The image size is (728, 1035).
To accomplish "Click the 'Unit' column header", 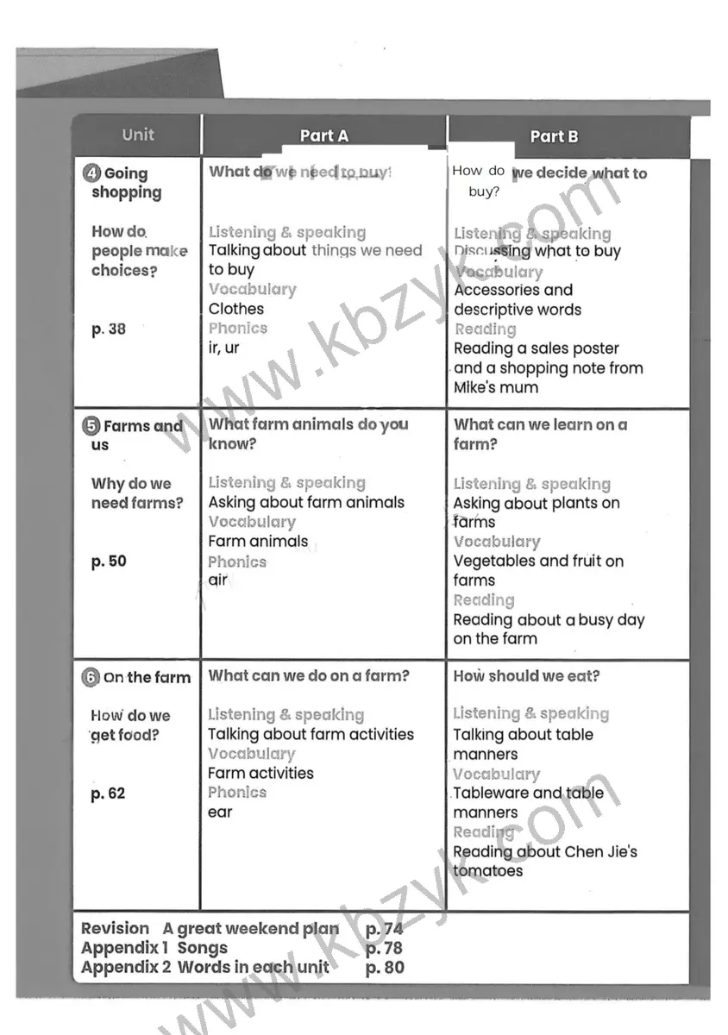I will click(138, 135).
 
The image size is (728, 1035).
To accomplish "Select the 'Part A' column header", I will click(323, 136).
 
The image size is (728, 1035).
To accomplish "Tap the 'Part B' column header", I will click(554, 136).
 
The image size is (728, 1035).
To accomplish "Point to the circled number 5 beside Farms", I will click(92, 426).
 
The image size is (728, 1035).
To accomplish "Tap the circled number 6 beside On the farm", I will click(91, 678).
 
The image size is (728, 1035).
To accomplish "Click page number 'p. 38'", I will click(109, 329).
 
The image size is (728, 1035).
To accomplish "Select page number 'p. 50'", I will click(109, 561).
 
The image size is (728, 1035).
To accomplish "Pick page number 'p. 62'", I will click(109, 793).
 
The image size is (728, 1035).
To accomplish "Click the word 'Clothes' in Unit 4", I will click(236, 309).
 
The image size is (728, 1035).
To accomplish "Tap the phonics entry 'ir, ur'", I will click(223, 348).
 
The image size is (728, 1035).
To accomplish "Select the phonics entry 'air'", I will click(218, 580).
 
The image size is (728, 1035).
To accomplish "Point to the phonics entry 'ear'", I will click(220, 812).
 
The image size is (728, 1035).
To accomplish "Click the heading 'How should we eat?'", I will click(526, 676).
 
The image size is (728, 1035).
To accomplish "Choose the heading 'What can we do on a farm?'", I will click(309, 676).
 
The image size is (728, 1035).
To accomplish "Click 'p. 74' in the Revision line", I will click(385, 929).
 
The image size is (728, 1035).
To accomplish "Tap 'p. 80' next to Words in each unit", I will click(385, 967).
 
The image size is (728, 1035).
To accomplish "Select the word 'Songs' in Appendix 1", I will click(203, 948).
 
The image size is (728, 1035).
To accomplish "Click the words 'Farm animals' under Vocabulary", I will click(258, 542).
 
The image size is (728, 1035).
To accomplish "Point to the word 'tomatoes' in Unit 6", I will click(488, 871).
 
